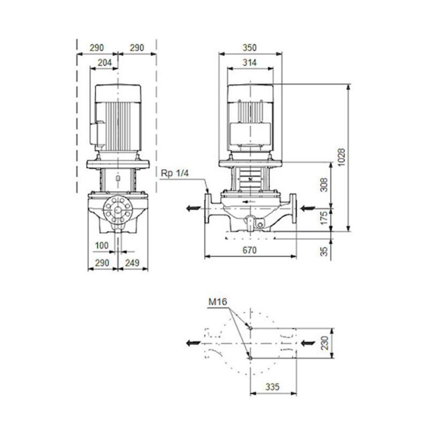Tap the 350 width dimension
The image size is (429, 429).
click(249, 48)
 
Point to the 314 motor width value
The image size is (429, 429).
click(249, 62)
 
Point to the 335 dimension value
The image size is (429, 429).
click(273, 387)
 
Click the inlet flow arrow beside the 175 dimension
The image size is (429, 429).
click(307, 208)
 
